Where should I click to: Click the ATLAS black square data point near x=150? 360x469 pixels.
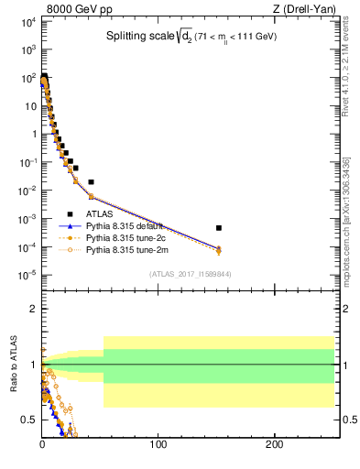[x=219, y=227]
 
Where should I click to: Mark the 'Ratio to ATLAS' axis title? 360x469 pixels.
[x=15, y=364]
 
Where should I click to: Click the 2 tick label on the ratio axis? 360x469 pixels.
[x=34, y=309]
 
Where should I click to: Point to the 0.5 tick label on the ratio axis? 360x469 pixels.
[x=29, y=420]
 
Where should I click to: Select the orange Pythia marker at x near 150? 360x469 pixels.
[x=219, y=250]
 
